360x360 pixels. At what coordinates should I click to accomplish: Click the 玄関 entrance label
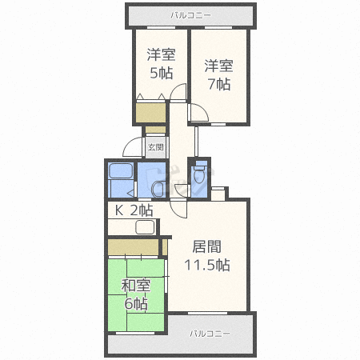(x=155, y=147)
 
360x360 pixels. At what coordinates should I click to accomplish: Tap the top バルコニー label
(x=190, y=15)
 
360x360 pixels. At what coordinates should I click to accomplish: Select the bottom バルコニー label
(x=210, y=334)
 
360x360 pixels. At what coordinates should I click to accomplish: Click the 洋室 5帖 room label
(x=161, y=64)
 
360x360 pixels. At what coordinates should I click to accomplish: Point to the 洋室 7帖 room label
(x=218, y=75)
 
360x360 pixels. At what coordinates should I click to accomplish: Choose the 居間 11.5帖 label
(x=207, y=256)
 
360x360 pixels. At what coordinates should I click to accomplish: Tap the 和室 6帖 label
(x=136, y=294)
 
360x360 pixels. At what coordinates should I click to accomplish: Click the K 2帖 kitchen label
(x=134, y=210)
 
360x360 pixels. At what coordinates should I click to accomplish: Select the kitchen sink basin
(x=145, y=227)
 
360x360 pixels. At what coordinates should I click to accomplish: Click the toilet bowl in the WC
(x=198, y=176)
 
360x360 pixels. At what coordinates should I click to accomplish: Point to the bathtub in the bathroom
(x=121, y=170)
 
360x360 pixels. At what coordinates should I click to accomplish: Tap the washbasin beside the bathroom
(x=158, y=189)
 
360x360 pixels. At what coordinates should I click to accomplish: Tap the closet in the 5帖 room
(x=150, y=113)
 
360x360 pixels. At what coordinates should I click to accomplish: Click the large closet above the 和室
(x=133, y=247)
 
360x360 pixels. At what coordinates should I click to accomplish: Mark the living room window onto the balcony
(x=207, y=313)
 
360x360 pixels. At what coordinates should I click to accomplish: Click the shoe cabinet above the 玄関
(x=155, y=130)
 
